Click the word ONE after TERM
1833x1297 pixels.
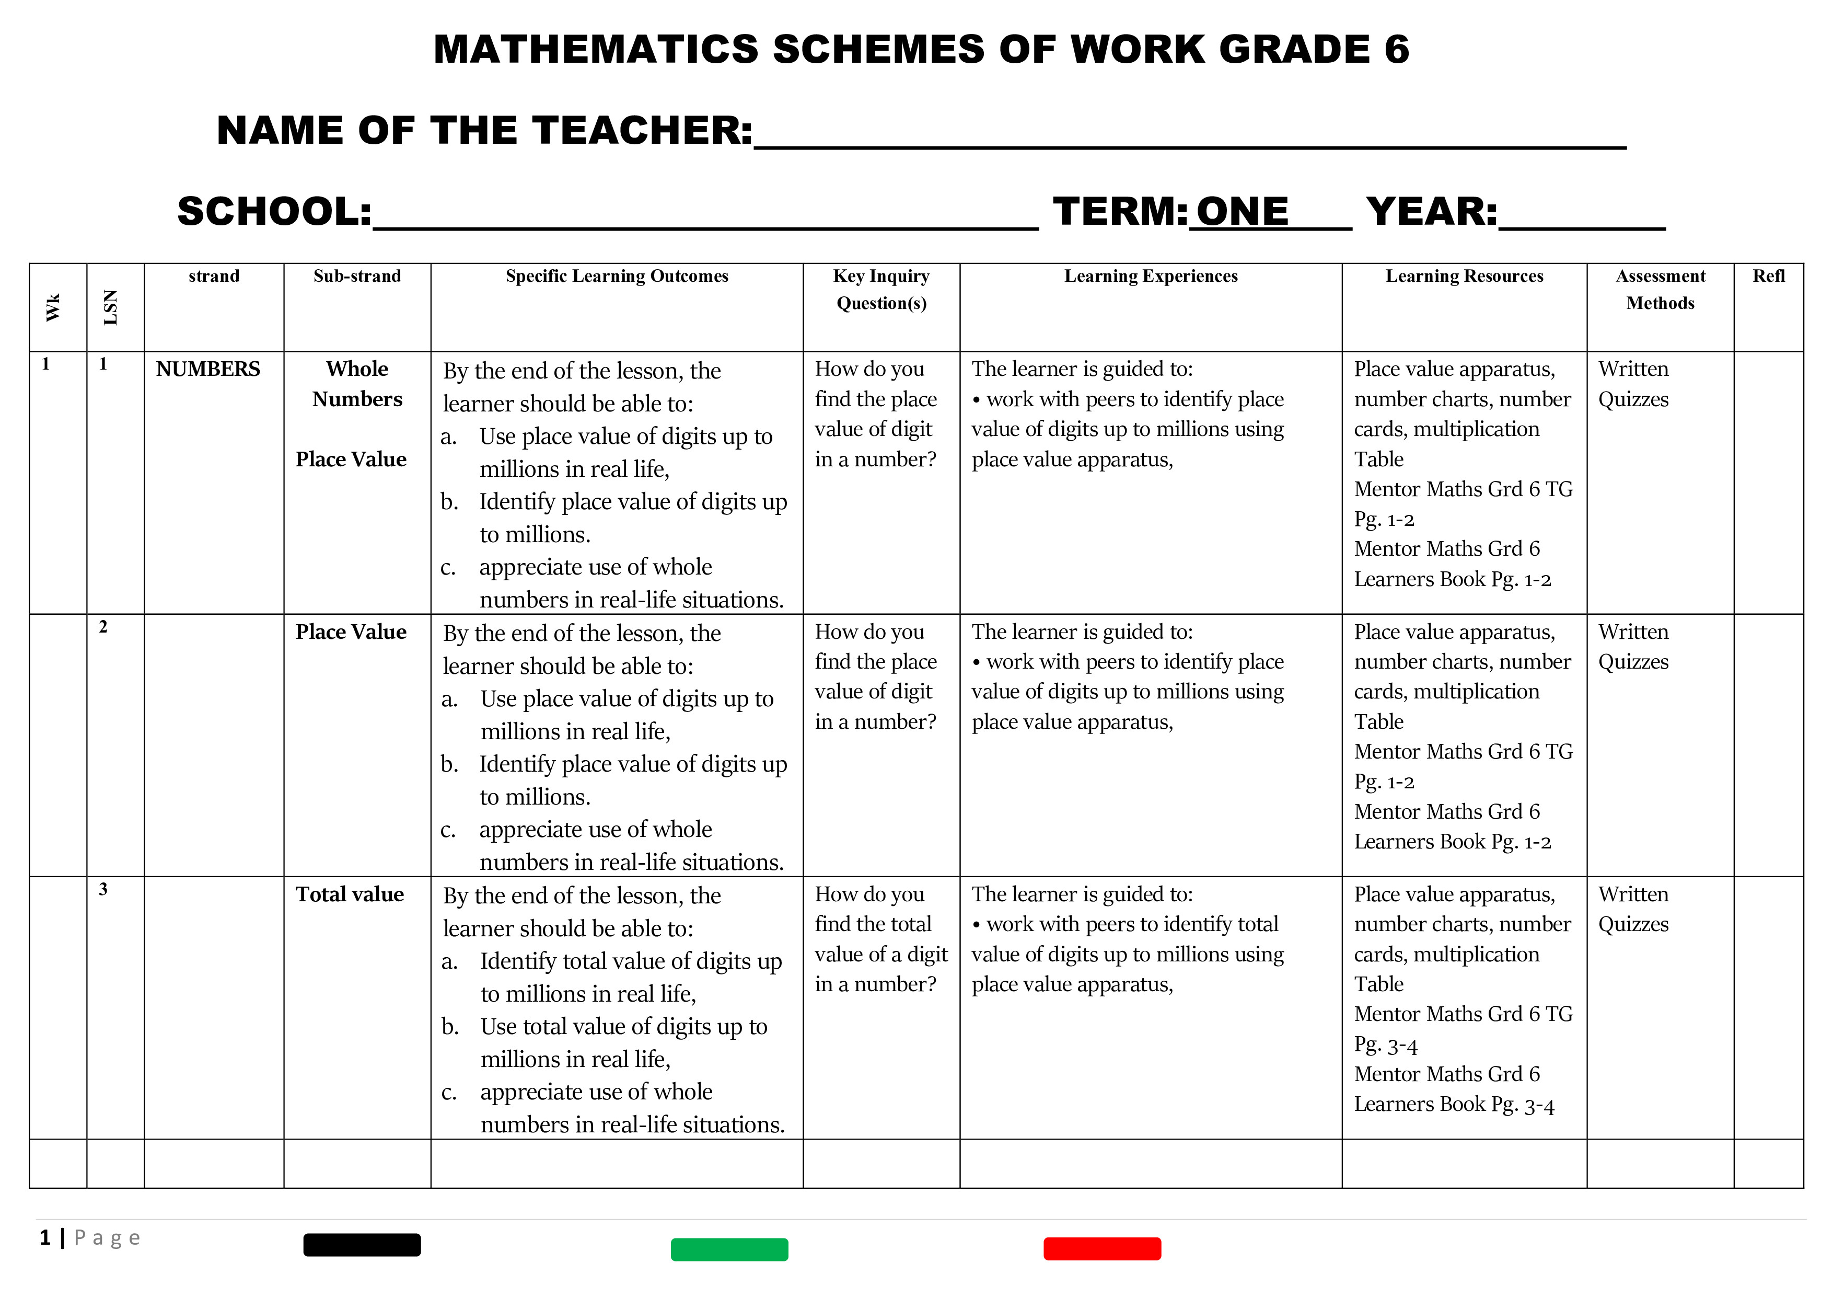point(1242,212)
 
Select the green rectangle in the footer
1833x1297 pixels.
point(729,1249)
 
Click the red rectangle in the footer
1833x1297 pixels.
point(1101,1248)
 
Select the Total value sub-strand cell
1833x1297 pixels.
point(350,894)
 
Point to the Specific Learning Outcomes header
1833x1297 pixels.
point(617,277)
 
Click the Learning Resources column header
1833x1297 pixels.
point(1464,277)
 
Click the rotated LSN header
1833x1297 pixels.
point(111,307)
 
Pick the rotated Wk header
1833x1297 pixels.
point(53,307)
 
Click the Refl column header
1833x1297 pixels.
point(1768,277)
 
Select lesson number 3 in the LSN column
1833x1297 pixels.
point(103,889)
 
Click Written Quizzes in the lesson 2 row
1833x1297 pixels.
point(1633,647)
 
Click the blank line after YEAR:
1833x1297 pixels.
point(1582,215)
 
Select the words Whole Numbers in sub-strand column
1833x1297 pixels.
point(357,384)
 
